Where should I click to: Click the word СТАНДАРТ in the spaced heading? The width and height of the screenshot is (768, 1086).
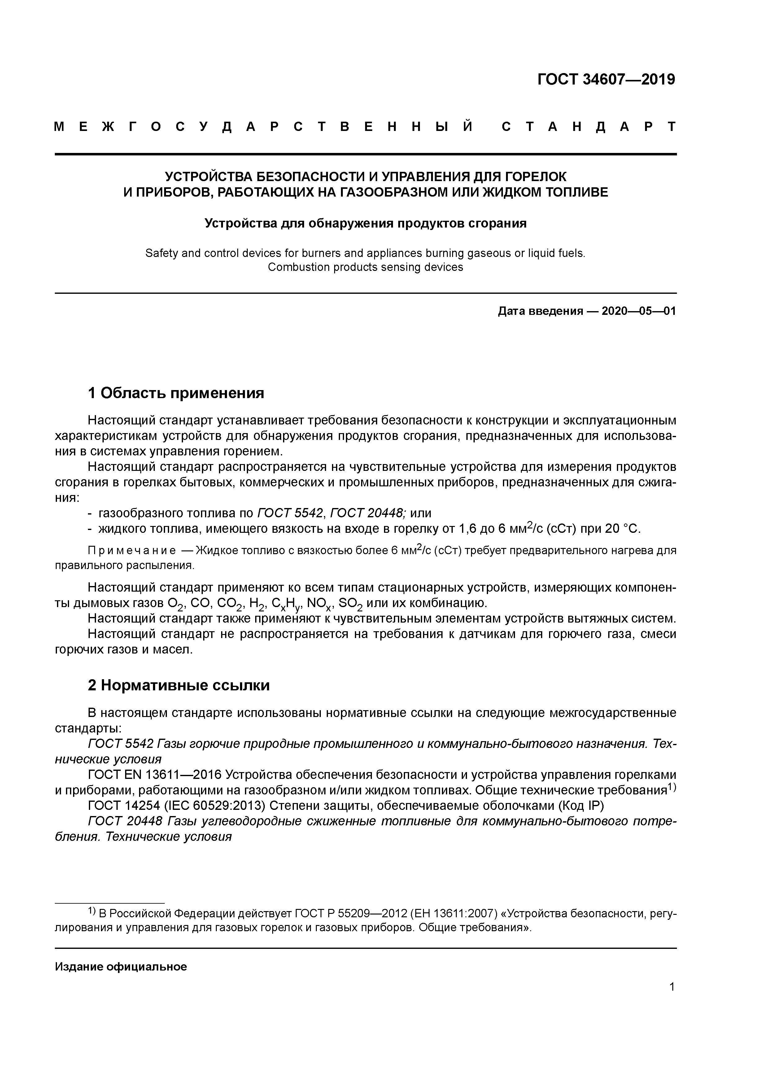pyautogui.click(x=589, y=127)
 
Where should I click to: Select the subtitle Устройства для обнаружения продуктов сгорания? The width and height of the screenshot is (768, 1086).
pyautogui.click(x=365, y=223)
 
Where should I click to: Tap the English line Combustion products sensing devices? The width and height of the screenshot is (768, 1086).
pyautogui.click(x=365, y=267)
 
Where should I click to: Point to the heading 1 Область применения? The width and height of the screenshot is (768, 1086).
pyautogui.click(x=176, y=393)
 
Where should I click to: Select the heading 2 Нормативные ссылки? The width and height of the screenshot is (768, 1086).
pyautogui.click(x=179, y=685)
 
